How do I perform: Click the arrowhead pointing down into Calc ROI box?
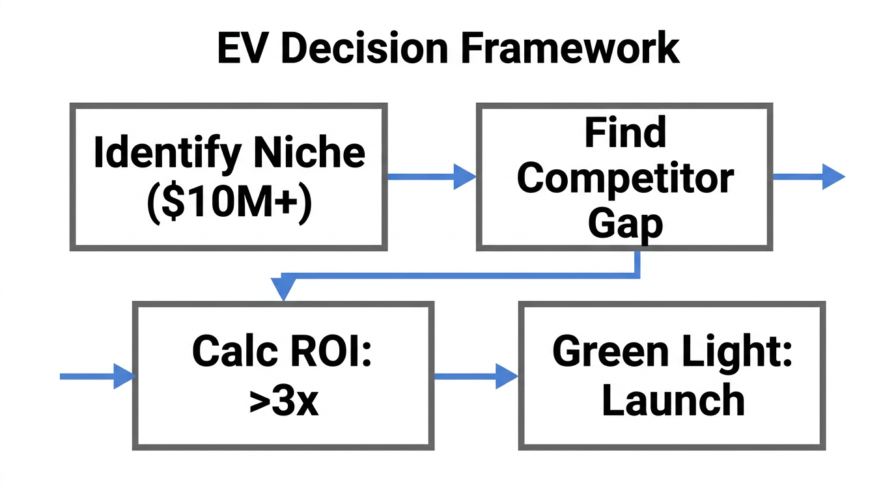(283, 290)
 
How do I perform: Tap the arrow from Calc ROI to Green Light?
(475, 376)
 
